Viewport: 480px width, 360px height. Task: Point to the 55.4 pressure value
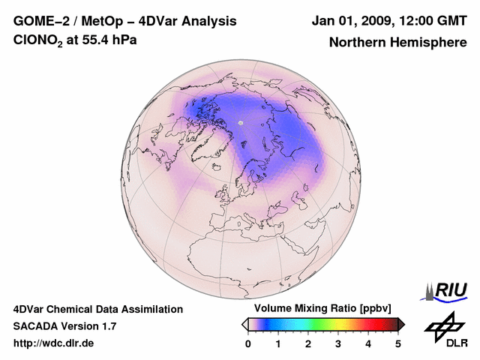96,40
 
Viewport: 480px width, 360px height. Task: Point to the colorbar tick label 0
248,343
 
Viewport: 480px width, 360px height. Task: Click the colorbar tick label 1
278,343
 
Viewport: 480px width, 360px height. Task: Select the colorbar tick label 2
308,343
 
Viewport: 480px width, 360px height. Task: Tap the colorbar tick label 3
338,343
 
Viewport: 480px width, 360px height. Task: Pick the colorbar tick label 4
368,343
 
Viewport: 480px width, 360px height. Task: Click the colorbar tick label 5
398,343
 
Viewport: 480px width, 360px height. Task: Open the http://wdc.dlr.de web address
54,343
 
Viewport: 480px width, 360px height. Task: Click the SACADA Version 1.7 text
64,326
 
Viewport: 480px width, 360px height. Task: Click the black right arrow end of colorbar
401,323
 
